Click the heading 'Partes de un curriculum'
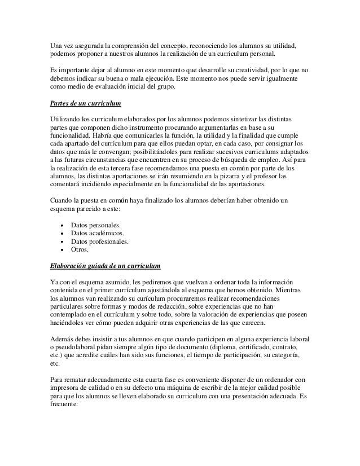85,105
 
